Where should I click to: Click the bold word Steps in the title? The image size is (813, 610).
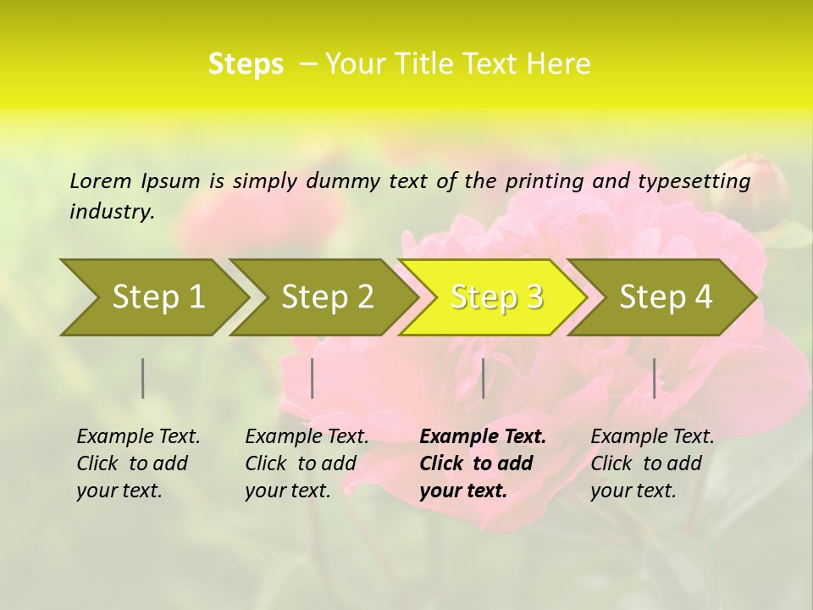pyautogui.click(x=246, y=64)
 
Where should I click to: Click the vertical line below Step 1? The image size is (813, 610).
pyautogui.click(x=143, y=378)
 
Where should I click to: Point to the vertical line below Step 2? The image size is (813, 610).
pyautogui.click(x=312, y=378)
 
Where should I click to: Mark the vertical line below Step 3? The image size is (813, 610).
pyautogui.click(x=483, y=378)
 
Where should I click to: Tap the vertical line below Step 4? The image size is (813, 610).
pyautogui.click(x=654, y=378)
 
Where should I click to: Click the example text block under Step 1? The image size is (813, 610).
pyautogui.click(x=138, y=463)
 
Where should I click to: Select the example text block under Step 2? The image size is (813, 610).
pyautogui.click(x=307, y=463)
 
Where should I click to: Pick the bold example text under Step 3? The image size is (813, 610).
pyautogui.click(x=482, y=463)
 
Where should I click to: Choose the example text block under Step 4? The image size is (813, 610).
pyautogui.click(x=652, y=463)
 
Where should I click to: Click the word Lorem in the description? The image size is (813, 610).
pyautogui.click(x=101, y=181)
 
